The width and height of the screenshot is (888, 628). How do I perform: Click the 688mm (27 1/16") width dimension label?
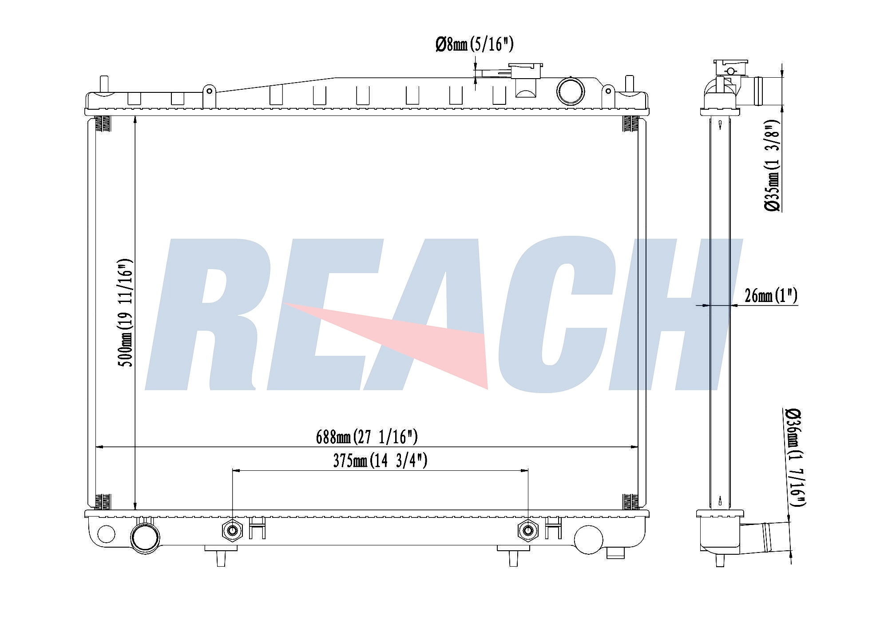(367, 437)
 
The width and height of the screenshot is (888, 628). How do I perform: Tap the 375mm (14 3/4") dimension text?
(380, 461)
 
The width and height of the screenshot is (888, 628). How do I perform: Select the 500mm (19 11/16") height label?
(126, 313)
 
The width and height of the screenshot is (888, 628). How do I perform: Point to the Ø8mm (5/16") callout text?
(475, 44)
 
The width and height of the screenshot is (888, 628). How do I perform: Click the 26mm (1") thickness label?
(771, 295)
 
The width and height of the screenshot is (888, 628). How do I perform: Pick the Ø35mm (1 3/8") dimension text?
(772, 165)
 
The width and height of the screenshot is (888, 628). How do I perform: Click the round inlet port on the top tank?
(571, 91)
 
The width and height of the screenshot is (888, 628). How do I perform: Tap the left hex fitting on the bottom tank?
(232, 530)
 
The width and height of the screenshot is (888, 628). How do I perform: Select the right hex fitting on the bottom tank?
(528, 530)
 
